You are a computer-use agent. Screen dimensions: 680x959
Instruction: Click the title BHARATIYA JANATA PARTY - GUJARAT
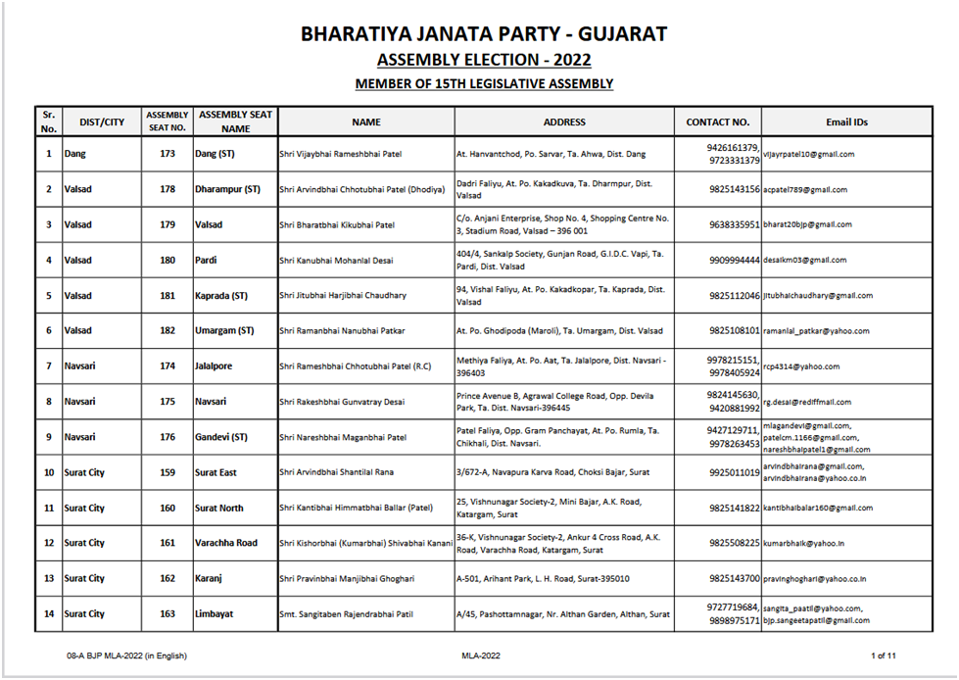(484, 34)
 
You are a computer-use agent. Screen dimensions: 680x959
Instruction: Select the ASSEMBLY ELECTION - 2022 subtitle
(484, 61)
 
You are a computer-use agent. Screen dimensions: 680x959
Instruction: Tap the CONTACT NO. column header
(717, 122)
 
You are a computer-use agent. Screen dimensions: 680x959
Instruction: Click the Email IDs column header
(847, 122)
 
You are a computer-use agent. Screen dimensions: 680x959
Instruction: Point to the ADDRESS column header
(564, 122)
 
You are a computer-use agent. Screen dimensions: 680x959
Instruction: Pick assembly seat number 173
(167, 154)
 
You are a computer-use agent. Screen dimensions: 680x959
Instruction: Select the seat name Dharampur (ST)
(227, 189)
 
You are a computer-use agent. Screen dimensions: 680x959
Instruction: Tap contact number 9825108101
(735, 331)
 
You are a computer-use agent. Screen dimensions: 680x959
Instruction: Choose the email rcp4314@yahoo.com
(801, 366)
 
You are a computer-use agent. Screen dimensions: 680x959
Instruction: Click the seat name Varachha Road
(225, 543)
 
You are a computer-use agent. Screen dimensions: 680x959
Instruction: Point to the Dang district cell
(75, 154)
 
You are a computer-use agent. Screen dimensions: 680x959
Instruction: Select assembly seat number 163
(167, 614)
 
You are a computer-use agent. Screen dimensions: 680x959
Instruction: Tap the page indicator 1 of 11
(883, 655)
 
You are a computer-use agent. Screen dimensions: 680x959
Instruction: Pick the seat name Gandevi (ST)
(222, 437)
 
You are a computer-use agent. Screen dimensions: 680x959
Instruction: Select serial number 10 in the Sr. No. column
(49, 472)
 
